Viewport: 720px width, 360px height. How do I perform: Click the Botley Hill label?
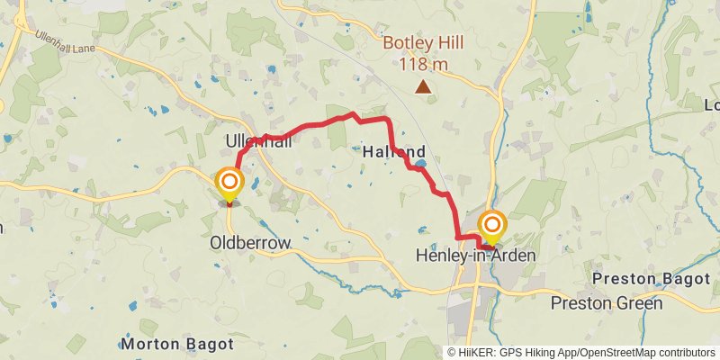pos(422,43)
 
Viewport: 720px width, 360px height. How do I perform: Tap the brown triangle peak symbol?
pos(422,86)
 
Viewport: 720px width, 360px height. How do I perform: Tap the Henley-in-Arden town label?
pos(475,256)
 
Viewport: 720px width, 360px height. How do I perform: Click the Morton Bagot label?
pos(177,344)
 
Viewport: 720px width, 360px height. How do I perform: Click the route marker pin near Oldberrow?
pos(229,186)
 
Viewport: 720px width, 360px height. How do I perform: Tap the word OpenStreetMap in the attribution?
pos(621,352)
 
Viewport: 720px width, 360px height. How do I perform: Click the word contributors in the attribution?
pos(685,352)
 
